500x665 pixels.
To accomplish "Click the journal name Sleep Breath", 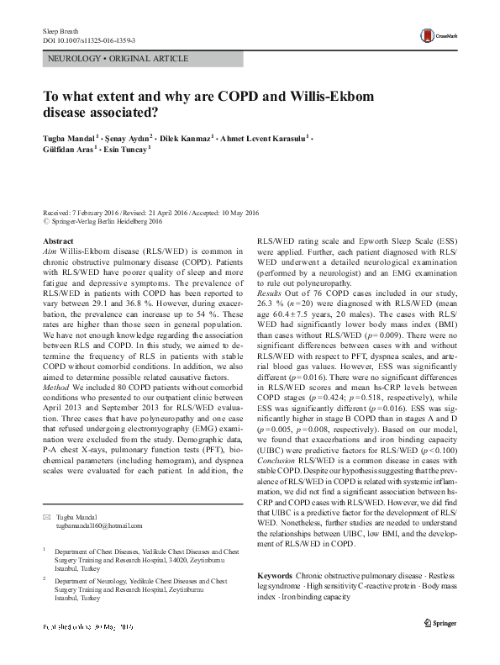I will [60, 30].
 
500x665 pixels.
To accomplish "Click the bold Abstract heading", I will [57, 241].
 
